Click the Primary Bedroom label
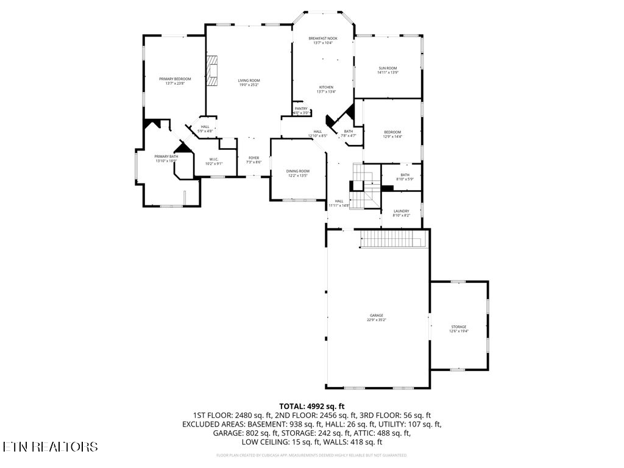coord(175,79)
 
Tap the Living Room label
coord(249,80)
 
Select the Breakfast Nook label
coord(322,38)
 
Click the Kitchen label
coord(326,87)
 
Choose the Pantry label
coord(301,108)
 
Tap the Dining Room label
coord(298,171)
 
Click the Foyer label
coord(253,158)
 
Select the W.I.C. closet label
coord(214,159)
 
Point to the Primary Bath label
coord(166,157)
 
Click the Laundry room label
coord(401,211)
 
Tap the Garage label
coord(376,315)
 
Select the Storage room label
coord(458,327)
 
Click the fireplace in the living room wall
coord(211,71)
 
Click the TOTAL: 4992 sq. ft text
coord(312,406)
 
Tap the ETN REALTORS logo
coord(50,447)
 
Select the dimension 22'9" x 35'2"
coord(376,320)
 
